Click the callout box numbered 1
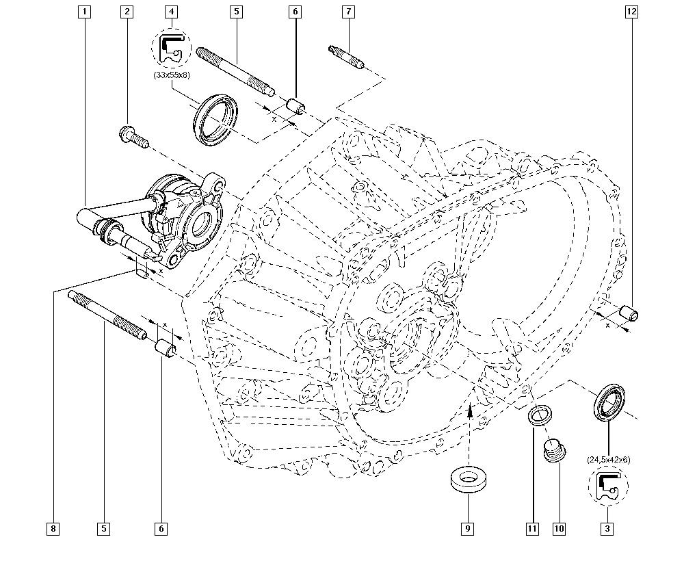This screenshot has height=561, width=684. [x=85, y=12]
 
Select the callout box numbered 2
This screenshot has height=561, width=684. [x=127, y=12]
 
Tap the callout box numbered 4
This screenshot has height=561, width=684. [x=171, y=12]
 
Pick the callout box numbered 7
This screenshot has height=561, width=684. [x=348, y=12]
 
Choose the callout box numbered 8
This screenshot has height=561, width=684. [x=53, y=528]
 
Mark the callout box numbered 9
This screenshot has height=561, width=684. [x=469, y=528]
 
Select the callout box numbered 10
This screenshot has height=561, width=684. [x=559, y=528]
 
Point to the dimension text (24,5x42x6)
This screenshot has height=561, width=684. [x=608, y=460]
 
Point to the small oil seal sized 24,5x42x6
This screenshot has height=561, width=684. [x=609, y=402]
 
